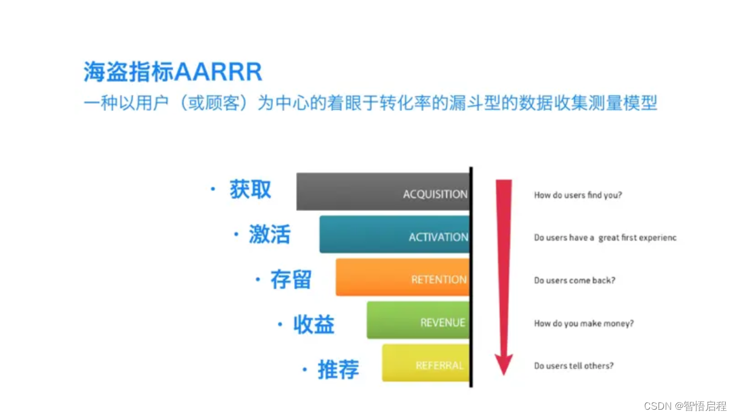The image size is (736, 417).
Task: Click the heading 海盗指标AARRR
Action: pos(173,72)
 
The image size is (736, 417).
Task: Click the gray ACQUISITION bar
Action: pos(383,192)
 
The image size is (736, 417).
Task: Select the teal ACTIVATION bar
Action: pos(394,234)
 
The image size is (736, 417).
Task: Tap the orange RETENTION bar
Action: pos(402,277)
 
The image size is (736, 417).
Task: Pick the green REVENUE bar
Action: pos(418,320)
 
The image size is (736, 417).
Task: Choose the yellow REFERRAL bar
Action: pos(425,363)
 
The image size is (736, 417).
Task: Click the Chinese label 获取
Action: pos(250,190)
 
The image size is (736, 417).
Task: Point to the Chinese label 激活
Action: pos(269,235)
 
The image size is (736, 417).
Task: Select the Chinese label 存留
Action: pos(291,280)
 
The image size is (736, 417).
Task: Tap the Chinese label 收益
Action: pos(314,325)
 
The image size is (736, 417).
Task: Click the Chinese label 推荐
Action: pos(338,370)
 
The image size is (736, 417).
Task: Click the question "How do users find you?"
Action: pos(578,195)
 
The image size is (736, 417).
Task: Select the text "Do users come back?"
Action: pos(574,281)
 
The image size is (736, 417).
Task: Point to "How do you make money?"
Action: pos(583,324)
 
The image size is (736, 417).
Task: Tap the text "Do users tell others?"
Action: pos(573,366)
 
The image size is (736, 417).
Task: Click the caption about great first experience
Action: pos(605,238)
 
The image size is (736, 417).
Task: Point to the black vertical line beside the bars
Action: pos(471,276)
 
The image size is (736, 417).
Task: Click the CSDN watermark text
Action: pos(685,406)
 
